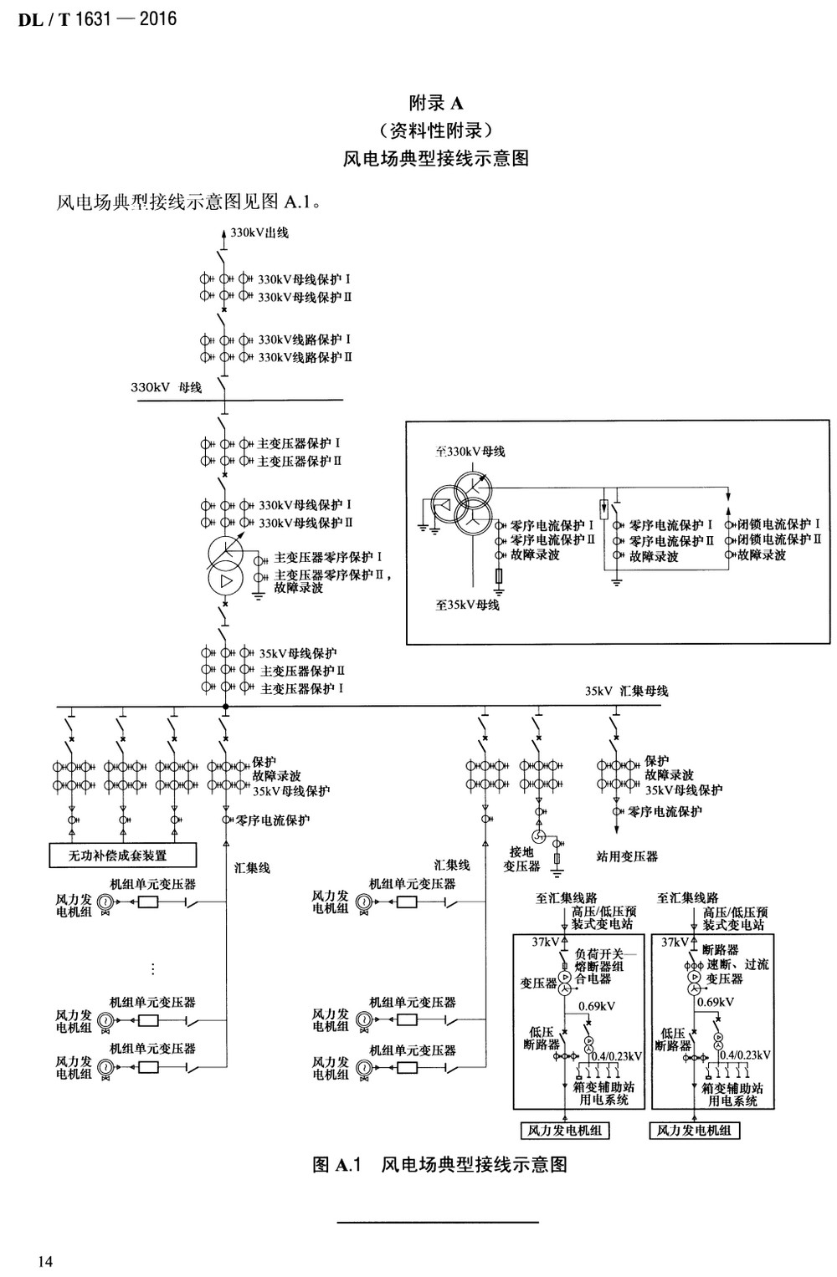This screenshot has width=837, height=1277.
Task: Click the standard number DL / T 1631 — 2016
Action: pyautogui.click(x=97, y=18)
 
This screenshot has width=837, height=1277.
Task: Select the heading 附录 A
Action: pyautogui.click(x=435, y=103)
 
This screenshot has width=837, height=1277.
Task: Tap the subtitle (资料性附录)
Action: pyautogui.click(x=435, y=130)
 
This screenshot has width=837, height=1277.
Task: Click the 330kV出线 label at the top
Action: pyautogui.click(x=259, y=232)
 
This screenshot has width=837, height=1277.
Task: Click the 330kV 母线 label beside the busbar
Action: pyautogui.click(x=166, y=387)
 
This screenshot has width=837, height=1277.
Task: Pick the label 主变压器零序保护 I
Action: pyautogui.click(x=329, y=557)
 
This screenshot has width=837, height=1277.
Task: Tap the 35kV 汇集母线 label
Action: pyautogui.click(x=626, y=691)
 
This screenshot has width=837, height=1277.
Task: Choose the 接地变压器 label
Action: pyautogui.click(x=521, y=859)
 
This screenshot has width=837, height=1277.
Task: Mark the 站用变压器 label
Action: pyautogui.click(x=627, y=856)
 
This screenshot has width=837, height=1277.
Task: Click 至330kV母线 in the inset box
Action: pyautogui.click(x=470, y=452)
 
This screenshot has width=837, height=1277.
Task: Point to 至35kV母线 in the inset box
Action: pyautogui.click(x=467, y=605)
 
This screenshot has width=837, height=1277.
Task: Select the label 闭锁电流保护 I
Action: pyautogui.click(x=779, y=524)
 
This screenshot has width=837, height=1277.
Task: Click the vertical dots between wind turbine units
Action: pyautogui.click(x=152, y=969)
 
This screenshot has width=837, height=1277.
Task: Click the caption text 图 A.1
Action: pyautogui.click(x=336, y=1164)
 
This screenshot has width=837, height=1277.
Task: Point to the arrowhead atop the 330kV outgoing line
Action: pyautogui.click(x=223, y=233)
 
